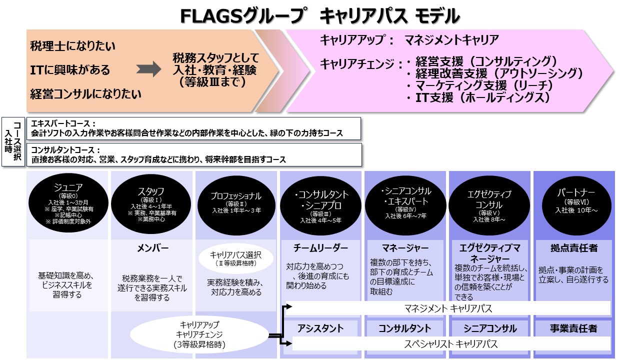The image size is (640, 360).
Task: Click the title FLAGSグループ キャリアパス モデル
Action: pyautogui.click(x=320, y=16)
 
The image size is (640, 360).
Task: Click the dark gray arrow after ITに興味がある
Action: pyautogui.click(x=148, y=69)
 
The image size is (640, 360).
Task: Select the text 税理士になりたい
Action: pyautogui.click(x=72, y=46)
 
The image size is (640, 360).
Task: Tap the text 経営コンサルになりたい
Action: pyautogui.click(x=85, y=94)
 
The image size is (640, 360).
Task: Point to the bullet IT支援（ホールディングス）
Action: pyautogui.click(x=478, y=97)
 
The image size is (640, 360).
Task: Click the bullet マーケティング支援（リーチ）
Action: pyautogui.click(x=480, y=85)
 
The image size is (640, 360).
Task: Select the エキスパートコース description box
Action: pyautogui.click(x=193, y=128)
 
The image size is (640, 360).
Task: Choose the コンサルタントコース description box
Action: pyautogui.click(x=194, y=154)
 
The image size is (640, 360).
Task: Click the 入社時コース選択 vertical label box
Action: pyautogui.click(x=13, y=141)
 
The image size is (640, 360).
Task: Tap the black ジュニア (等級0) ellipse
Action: pyautogui.click(x=68, y=203)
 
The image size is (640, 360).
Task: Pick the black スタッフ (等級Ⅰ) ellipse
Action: pyautogui.click(x=151, y=204)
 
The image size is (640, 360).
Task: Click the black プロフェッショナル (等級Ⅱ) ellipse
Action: pyautogui.click(x=236, y=205)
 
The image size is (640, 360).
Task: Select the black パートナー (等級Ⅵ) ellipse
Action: pyautogui.click(x=576, y=205)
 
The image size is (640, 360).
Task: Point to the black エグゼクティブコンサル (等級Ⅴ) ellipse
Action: pyautogui.click(x=489, y=205)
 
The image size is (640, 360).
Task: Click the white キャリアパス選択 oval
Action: pyautogui.click(x=236, y=258)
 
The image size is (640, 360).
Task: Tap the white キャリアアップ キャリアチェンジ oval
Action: pyautogui.click(x=199, y=334)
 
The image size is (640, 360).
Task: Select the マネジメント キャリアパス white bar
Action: pyautogui.click(x=448, y=308)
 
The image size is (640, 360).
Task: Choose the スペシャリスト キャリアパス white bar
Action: pyautogui.click(x=451, y=343)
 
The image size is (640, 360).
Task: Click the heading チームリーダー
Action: pyautogui.click(x=320, y=247)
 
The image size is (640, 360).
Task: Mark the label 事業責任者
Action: pyautogui.click(x=573, y=328)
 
